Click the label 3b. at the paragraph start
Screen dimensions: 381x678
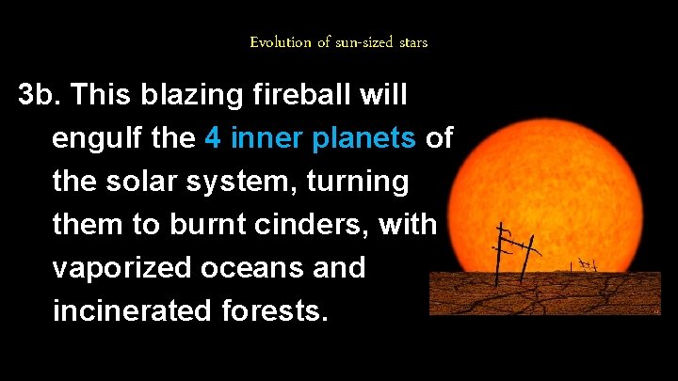pos(40,95)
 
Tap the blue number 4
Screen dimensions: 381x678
pos(213,138)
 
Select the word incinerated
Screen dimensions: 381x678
pos(134,310)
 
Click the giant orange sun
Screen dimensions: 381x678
pos(556,179)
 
